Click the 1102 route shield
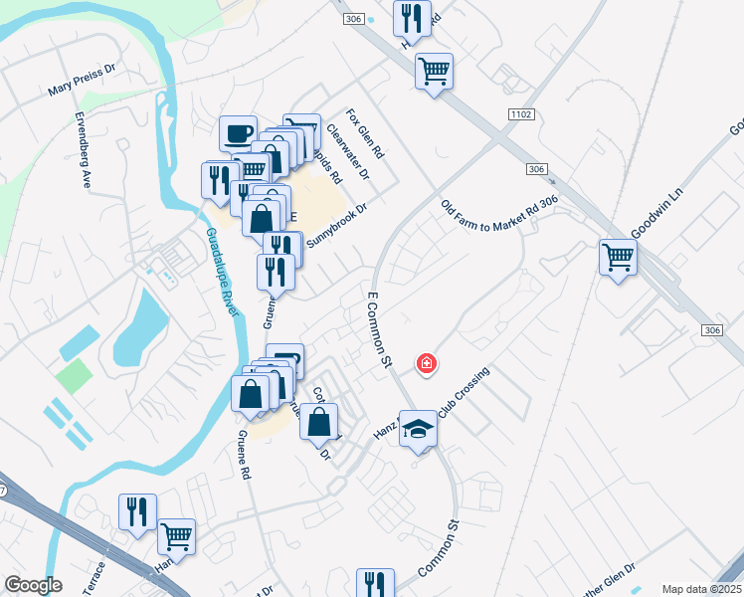tap(520, 115)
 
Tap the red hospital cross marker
tap(427, 365)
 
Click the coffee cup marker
tap(239, 132)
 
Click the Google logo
tap(33, 585)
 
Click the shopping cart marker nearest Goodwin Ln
tap(618, 258)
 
